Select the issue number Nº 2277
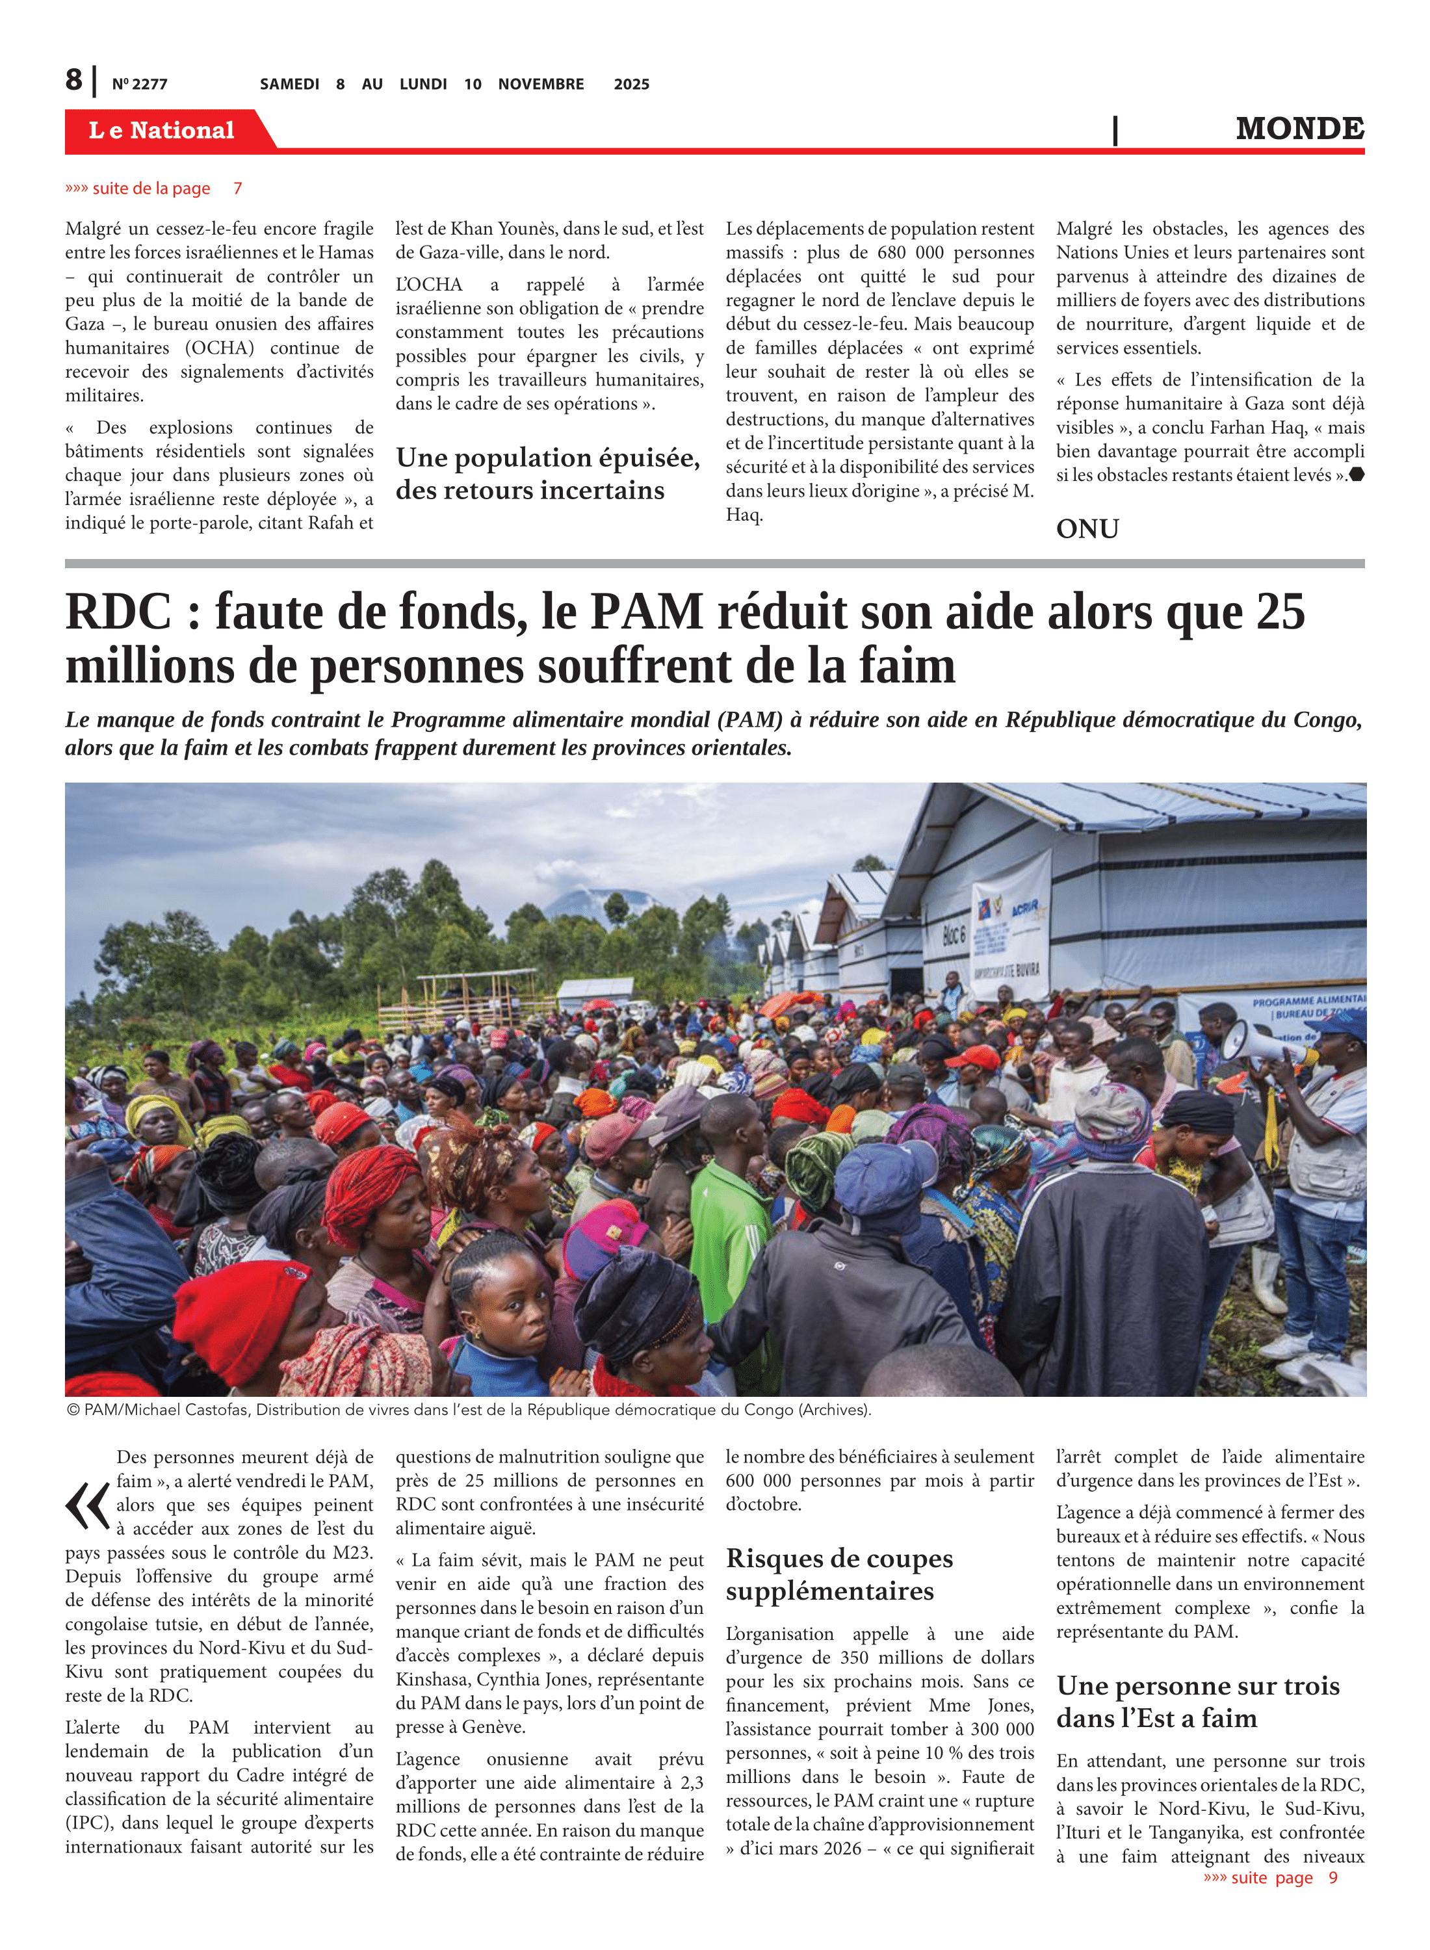(139, 84)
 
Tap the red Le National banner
(162, 130)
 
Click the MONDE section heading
(1299, 128)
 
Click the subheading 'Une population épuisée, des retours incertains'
(547, 473)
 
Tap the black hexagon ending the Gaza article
(1357, 474)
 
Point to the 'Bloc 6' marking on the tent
(953, 934)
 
